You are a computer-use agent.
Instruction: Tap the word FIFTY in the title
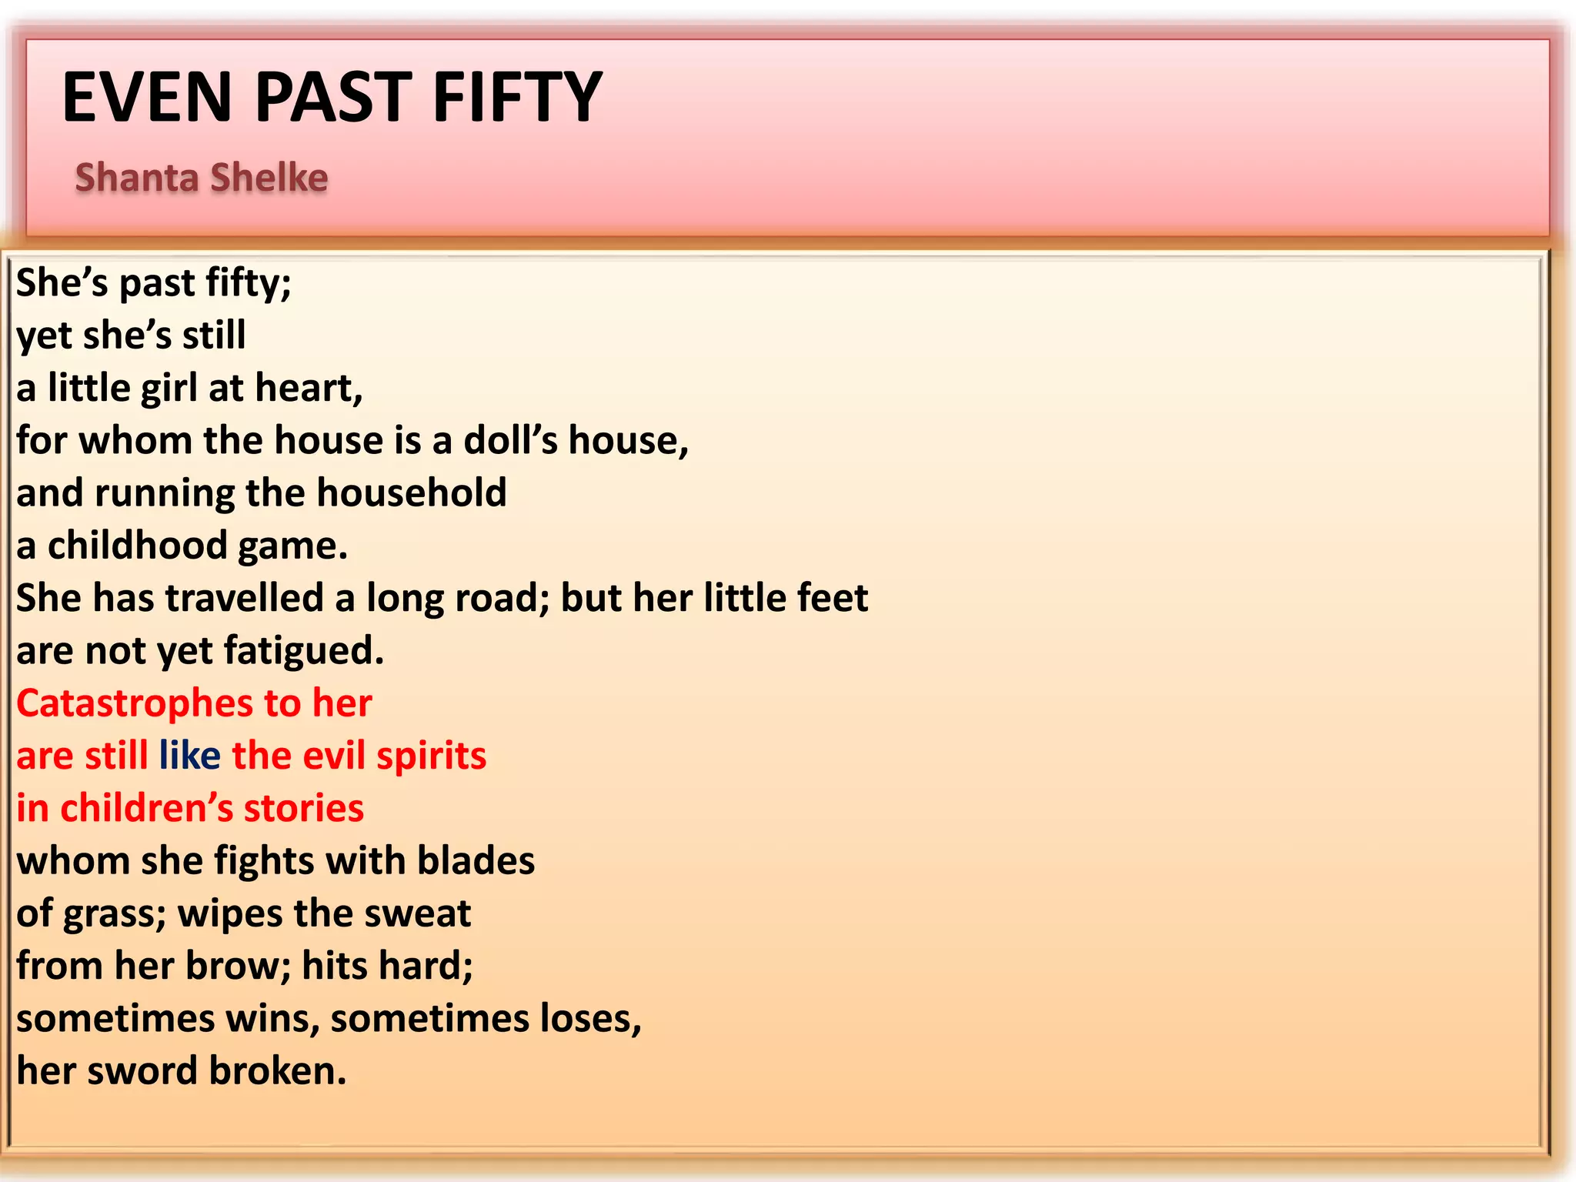click(x=517, y=97)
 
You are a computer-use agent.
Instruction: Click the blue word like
click(x=189, y=756)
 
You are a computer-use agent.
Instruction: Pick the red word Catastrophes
click(x=135, y=703)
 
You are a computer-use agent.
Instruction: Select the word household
click(x=412, y=493)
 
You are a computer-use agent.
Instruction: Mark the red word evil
click(x=334, y=756)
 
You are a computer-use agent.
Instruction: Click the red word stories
click(x=303, y=809)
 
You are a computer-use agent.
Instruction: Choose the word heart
click(x=308, y=389)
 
